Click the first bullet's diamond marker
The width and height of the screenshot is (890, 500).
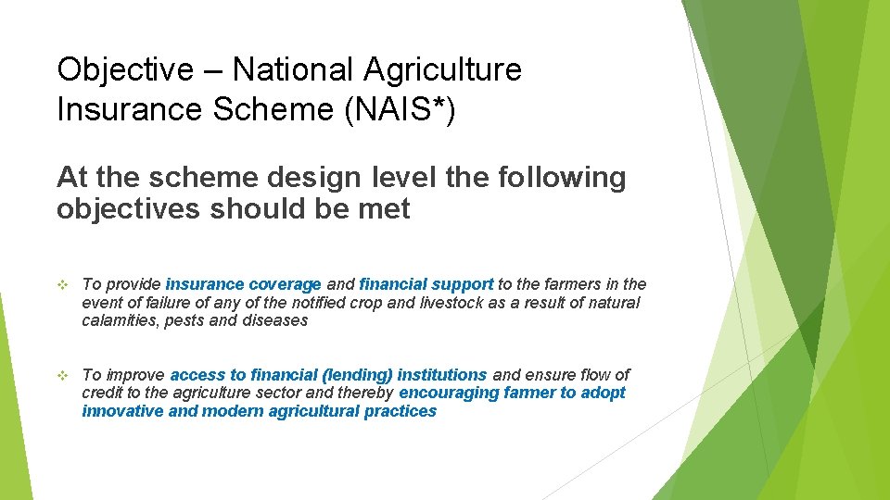pyautogui.click(x=62, y=284)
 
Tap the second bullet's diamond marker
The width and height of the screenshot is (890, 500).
pyautogui.click(x=62, y=375)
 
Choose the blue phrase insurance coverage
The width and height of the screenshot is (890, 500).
pyautogui.click(x=243, y=284)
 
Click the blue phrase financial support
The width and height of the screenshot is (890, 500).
pyautogui.click(x=426, y=284)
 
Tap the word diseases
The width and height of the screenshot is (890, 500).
pyautogui.click(x=274, y=320)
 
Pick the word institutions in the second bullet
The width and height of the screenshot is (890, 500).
pyautogui.click(x=442, y=375)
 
